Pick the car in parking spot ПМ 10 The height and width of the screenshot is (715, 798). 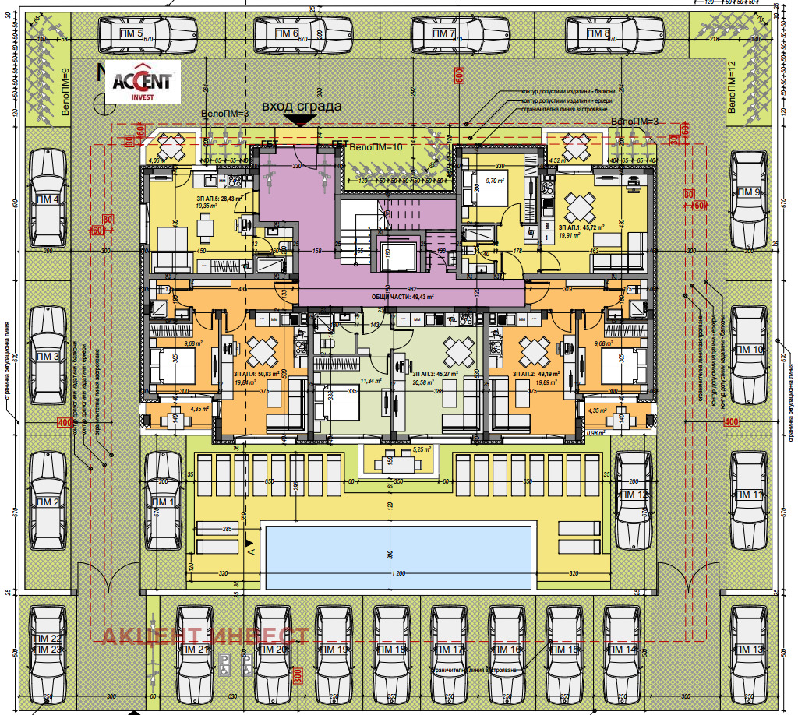click(750, 350)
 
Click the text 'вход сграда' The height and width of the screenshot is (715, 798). click(302, 106)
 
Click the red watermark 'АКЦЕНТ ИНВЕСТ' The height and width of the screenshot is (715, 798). click(206, 635)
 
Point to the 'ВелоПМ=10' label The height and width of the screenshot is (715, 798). click(375, 146)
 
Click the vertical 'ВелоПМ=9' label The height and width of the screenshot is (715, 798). click(65, 92)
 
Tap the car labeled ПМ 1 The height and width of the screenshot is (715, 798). click(164, 501)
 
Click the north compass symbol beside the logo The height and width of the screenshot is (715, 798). click(98, 99)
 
